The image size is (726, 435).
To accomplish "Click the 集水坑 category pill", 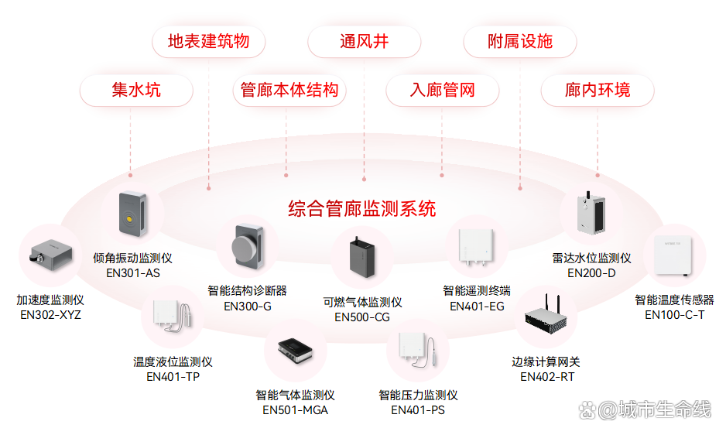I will coord(136,91).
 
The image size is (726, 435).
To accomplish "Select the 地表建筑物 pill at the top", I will coord(208,41).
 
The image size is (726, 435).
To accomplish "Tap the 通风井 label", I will coord(364,41).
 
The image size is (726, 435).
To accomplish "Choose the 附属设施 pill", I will coord(520,41).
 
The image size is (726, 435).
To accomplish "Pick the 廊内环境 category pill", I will coord(598,91).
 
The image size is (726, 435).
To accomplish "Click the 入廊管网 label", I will coord(442,91).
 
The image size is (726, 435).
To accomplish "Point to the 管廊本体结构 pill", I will coord(289,91).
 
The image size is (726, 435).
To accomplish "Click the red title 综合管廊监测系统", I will coord(362,208).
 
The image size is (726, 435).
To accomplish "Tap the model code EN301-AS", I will coord(132,272).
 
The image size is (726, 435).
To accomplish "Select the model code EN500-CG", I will coord(362,317).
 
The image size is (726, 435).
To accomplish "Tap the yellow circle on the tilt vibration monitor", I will coord(130,221).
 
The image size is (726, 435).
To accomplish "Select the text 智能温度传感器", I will coord(674,300).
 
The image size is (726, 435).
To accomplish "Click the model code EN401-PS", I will coord(418,409).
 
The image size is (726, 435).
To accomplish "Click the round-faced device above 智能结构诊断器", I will coord(246,246).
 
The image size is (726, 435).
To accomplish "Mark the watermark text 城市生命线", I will coord(665,409).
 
